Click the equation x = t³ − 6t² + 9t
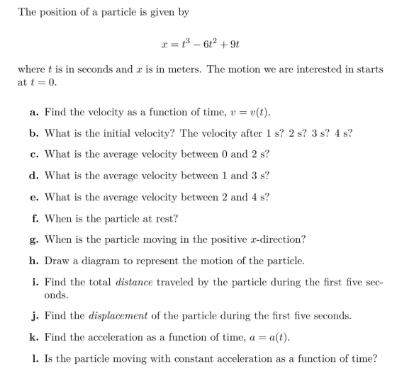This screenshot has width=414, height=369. (x=206, y=41)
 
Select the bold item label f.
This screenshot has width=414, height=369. (x=34, y=218)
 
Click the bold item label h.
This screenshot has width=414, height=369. (x=35, y=261)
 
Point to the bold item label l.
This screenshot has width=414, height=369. (x=35, y=358)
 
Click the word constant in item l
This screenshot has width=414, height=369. (x=191, y=358)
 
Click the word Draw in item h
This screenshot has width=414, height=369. (x=56, y=261)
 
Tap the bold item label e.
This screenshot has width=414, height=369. (x=35, y=197)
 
